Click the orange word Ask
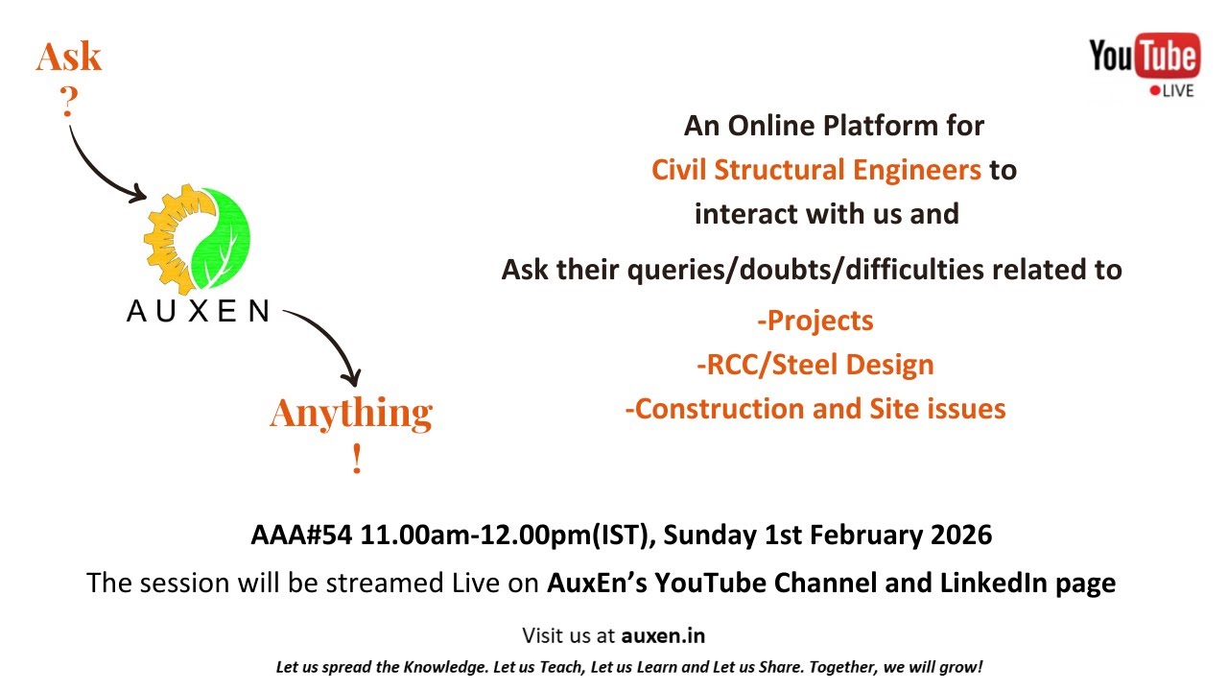coord(69,57)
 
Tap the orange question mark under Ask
coord(69,102)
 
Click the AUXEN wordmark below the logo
coord(198,311)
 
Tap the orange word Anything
coord(351,413)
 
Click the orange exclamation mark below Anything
coord(357,458)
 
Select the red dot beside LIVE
coord(1154,90)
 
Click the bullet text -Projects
coord(815,321)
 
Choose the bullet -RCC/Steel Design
coord(815,365)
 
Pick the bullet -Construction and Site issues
coord(815,409)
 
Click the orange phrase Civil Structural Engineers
coord(816,170)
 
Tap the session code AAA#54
coord(301,535)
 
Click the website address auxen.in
coord(663,635)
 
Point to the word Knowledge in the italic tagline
coord(445,667)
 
